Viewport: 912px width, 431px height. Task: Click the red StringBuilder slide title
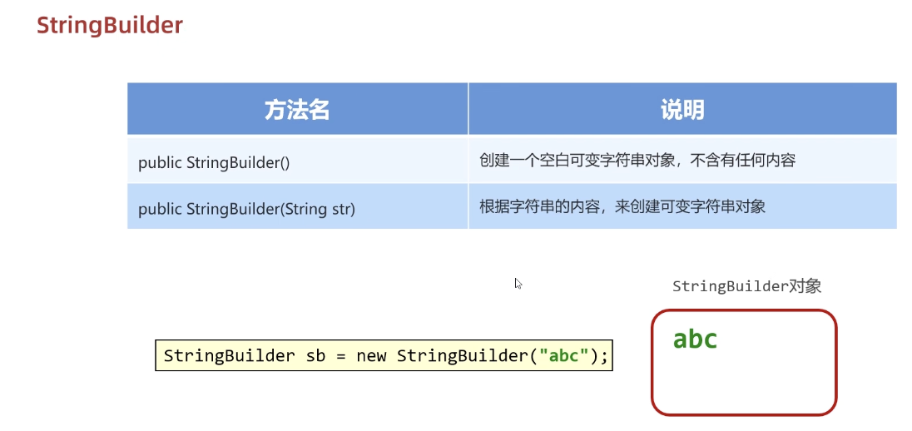pyautogui.click(x=109, y=25)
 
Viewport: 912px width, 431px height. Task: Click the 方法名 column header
pyautogui.click(x=297, y=110)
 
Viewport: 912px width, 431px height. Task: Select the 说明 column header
pyautogui.click(x=682, y=110)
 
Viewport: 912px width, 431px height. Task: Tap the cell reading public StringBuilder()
pyautogui.click(x=214, y=162)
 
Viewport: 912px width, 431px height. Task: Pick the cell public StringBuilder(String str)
pyautogui.click(x=246, y=208)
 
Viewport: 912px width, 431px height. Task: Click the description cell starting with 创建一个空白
pyautogui.click(x=637, y=161)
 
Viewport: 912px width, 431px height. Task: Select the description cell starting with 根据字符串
pyautogui.click(x=622, y=206)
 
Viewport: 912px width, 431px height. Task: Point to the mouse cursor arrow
pyautogui.click(x=518, y=283)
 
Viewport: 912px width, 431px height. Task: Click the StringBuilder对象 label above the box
pyautogui.click(x=746, y=286)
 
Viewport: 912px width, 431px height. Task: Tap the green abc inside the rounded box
pyautogui.click(x=695, y=339)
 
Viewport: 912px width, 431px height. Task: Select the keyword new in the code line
pyautogui.click(x=371, y=356)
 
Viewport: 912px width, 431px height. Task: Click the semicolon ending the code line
pyautogui.click(x=605, y=356)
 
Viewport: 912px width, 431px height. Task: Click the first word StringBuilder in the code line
pyautogui.click(x=229, y=356)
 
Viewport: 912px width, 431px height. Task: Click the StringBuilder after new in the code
pyautogui.click(x=462, y=356)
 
